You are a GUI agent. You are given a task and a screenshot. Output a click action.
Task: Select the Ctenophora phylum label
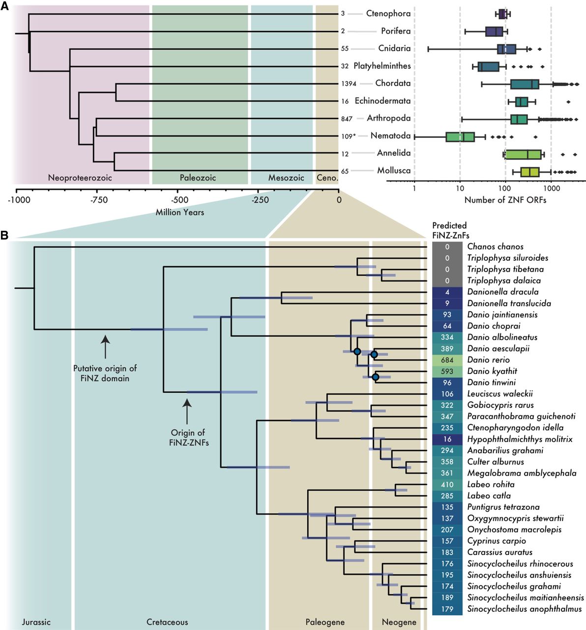point(388,13)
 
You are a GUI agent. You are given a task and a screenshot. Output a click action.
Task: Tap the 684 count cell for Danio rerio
point(447,360)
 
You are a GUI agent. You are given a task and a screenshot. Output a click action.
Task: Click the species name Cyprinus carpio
point(497,541)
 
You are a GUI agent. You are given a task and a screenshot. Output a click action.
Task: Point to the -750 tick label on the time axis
point(96,200)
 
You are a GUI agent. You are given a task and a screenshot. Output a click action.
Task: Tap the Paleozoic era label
point(198,178)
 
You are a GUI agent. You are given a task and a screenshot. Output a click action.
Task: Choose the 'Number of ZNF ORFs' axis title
point(505,200)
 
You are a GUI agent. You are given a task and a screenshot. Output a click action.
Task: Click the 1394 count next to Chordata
point(348,84)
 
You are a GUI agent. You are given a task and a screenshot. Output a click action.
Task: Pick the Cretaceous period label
point(167,622)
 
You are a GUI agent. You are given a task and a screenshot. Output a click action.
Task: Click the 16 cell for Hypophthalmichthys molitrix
point(447,439)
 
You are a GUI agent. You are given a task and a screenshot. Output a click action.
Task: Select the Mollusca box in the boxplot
point(529,171)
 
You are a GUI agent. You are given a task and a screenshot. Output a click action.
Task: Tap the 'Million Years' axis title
point(180,212)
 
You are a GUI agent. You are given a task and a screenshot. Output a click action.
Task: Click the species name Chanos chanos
point(495,247)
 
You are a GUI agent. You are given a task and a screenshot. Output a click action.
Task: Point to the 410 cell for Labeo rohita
point(447,484)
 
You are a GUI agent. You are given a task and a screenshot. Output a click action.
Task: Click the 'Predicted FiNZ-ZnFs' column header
point(450,230)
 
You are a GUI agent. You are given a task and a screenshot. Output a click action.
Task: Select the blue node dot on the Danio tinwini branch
point(376,378)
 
